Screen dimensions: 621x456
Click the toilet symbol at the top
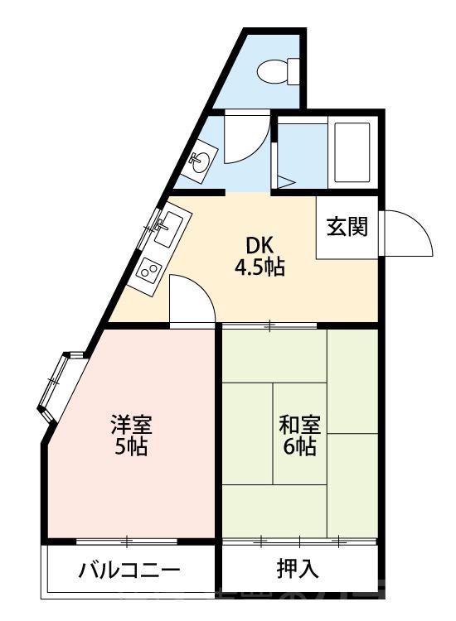coord(277,71)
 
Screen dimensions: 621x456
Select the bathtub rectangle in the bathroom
coord(351,153)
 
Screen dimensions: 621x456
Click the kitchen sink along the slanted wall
coord(170,224)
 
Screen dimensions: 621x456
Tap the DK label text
coord(259,245)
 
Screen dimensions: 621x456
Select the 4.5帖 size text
coord(260,267)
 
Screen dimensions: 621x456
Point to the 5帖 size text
coord(132,448)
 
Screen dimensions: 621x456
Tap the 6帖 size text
coord(298,447)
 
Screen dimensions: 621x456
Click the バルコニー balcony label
coord(129,570)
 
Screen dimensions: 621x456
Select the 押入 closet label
coord(298,570)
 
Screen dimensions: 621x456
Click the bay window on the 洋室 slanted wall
coord(57,383)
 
